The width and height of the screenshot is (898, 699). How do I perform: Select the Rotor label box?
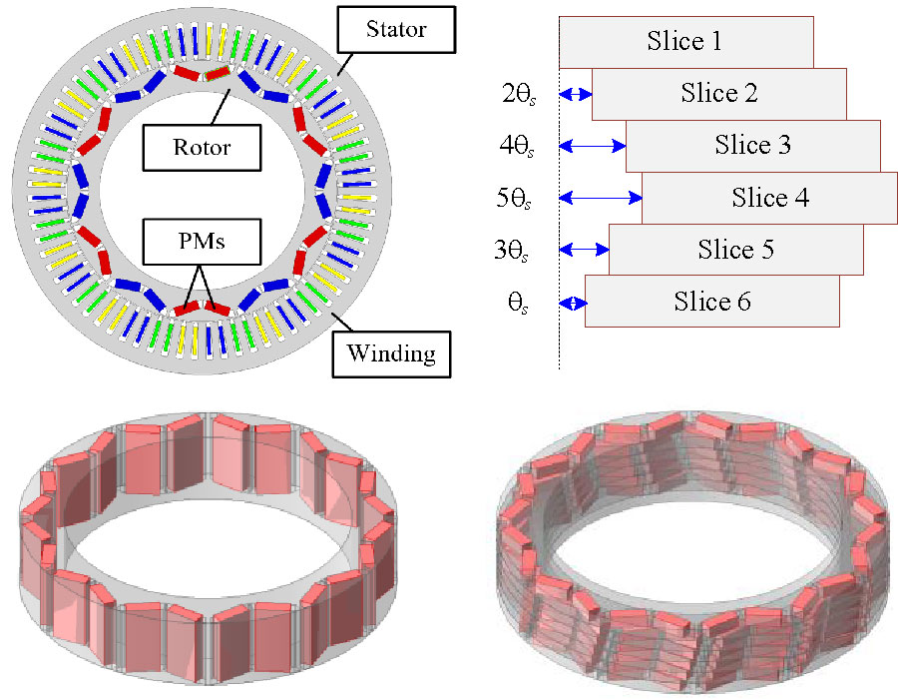pos(203,148)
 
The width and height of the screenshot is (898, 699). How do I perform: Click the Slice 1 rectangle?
pos(686,42)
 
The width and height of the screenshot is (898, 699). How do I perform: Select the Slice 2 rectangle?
pos(719,94)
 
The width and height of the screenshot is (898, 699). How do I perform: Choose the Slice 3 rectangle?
pos(753,146)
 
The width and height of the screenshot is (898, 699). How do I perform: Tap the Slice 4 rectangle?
pos(769,198)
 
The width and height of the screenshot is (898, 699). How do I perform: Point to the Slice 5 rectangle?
pos(736,250)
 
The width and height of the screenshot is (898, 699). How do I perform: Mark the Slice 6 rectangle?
pos(711,302)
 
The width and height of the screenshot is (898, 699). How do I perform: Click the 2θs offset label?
pos(524,95)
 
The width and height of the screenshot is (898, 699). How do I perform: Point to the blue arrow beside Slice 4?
pos(601,198)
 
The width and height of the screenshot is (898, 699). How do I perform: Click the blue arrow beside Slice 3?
pos(593,146)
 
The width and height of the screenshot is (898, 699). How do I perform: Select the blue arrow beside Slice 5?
pos(585,250)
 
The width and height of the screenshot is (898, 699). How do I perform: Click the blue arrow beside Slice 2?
pos(576,94)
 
